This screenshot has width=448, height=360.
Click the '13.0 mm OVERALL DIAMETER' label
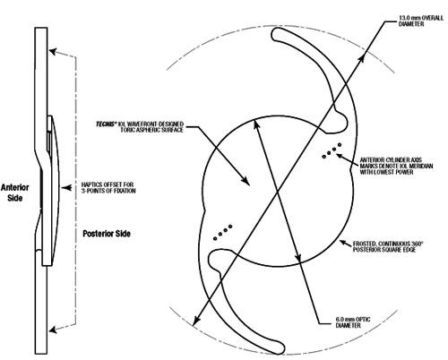[x=421, y=21]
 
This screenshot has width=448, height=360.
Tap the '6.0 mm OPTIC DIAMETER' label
[x=353, y=322]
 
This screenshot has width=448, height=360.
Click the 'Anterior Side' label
[x=15, y=193]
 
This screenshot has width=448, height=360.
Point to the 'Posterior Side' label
[x=107, y=234]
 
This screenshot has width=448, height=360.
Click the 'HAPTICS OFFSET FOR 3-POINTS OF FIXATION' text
[x=108, y=188]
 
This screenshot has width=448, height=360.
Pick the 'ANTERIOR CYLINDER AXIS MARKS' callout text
[x=396, y=166]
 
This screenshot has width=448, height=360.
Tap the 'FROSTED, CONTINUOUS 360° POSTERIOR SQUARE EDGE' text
[x=388, y=246]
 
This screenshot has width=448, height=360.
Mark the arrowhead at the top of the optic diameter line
[x=256, y=124]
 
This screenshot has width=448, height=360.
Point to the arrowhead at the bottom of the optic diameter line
[x=298, y=258]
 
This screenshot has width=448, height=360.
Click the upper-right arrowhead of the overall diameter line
[x=361, y=58]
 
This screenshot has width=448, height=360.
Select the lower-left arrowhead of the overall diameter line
[x=195, y=321]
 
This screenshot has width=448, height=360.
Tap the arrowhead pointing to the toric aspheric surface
[x=246, y=181]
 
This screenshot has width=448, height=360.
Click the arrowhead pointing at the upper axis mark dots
[x=340, y=156]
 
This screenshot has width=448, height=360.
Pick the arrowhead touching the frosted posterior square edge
[x=343, y=242]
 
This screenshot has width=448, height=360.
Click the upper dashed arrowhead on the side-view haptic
[x=53, y=51]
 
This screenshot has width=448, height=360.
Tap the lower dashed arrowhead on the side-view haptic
[x=53, y=330]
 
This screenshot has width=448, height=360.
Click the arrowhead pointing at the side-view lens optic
[x=65, y=188]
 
